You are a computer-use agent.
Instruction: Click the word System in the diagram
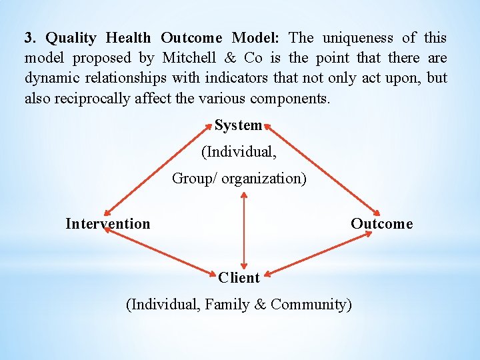(238, 125)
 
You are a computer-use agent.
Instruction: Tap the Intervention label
(108, 224)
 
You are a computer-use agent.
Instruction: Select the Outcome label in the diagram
(382, 224)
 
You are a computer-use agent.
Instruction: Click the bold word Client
(239, 277)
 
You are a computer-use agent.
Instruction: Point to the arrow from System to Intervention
(156, 169)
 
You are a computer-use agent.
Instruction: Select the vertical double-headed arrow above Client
(244, 230)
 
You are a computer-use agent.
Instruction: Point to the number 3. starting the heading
(30, 38)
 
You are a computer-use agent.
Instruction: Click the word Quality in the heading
(71, 38)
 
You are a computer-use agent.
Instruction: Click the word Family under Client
(227, 305)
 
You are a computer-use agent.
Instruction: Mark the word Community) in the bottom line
(311, 305)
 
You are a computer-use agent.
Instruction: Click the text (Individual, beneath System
(239, 152)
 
